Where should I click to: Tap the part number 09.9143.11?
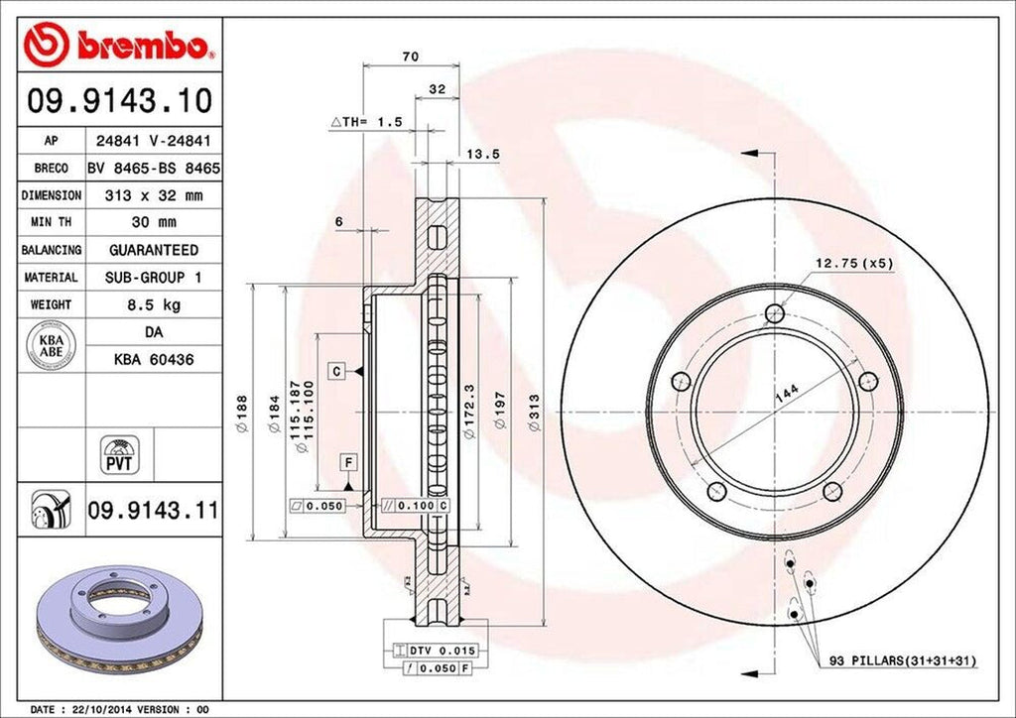[152, 512]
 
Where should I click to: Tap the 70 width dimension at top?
[410, 56]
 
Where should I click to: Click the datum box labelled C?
[337, 371]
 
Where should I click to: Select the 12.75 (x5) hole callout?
[854, 263]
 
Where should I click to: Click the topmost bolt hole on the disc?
[775, 314]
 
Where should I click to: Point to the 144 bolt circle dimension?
[786, 394]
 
